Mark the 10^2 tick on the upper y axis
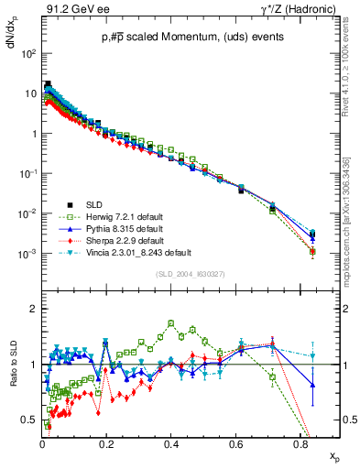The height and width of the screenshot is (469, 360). point(27,54)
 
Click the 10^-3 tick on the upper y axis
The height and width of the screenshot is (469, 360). point(27,254)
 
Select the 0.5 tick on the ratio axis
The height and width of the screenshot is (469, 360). point(30,420)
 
